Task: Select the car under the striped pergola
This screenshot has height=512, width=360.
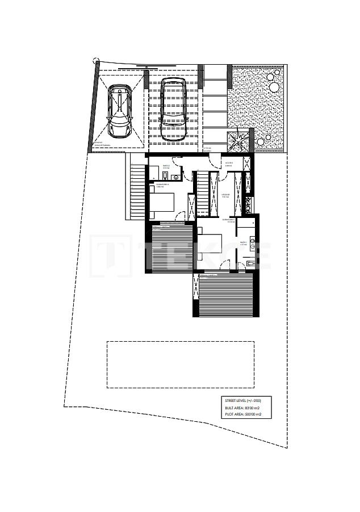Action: pyautogui.click(x=173, y=108)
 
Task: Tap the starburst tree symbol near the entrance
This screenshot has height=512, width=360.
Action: pyautogui.click(x=238, y=139)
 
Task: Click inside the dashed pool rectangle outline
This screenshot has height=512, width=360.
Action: pyautogui.click(x=180, y=364)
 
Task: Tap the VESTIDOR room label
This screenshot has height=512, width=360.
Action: pyautogui.click(x=225, y=195)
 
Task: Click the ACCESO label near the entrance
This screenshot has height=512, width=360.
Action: pyautogui.click(x=229, y=163)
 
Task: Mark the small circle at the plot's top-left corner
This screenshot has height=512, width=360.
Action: pyautogui.click(x=95, y=60)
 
